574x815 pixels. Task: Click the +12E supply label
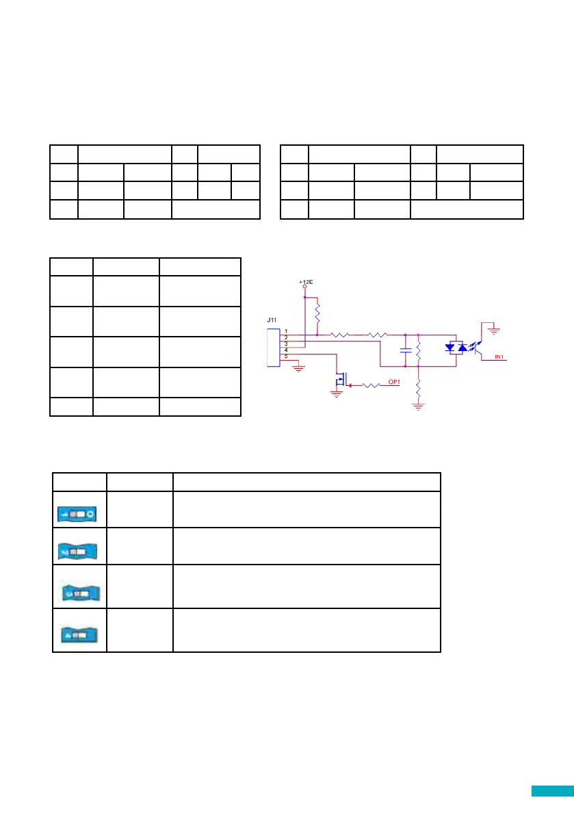click(304, 282)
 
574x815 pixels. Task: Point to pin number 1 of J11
click(286, 331)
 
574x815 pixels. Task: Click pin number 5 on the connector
click(286, 356)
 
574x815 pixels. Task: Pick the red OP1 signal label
click(395, 382)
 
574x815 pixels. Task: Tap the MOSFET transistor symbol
click(341, 378)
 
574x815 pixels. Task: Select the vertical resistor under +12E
click(317, 314)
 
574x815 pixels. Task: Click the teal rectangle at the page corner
click(552, 791)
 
